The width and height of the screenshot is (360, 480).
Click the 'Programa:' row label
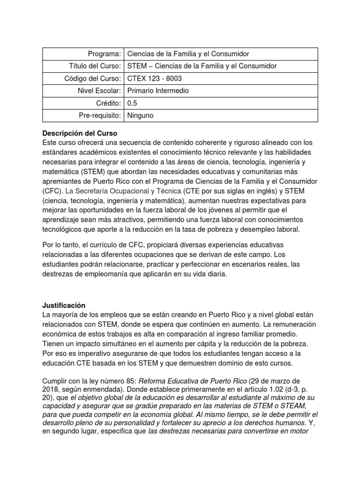pyautogui.click(x=104, y=54)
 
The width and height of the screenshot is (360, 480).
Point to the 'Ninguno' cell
pyautogui.click(x=140, y=115)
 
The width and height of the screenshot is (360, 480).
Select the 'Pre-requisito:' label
pyautogui.click(x=99, y=115)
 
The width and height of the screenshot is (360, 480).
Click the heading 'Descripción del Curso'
pyautogui.click(x=80, y=133)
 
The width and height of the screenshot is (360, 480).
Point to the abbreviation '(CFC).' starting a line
pyautogui.click(x=52, y=190)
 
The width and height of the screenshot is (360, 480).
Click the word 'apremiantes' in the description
pyautogui.click(x=61, y=181)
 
